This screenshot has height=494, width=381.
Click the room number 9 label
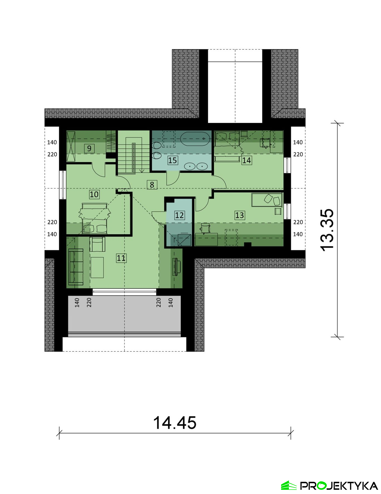coord(89,148)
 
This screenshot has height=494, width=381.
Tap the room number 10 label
coord(94,194)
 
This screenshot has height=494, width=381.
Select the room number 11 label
coord(121,258)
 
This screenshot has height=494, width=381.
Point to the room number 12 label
coord(179,215)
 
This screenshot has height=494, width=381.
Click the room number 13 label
coord(239,215)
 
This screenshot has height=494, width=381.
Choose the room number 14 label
coord(246,160)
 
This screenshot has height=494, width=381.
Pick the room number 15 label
coord(172,160)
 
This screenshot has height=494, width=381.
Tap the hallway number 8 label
coord(152,185)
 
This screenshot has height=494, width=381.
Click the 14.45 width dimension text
coord(175,423)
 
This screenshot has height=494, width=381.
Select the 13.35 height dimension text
coord(327,230)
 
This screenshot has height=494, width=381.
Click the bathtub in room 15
coord(195,138)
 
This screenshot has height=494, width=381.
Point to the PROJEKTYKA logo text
coord(339,486)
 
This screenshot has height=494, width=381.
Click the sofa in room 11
coord(76,267)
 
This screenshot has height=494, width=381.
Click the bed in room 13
coord(267,200)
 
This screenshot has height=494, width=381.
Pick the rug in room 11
coord(97,268)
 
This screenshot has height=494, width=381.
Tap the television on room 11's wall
coord(176,267)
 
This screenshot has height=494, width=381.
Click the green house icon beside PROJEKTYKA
coord(289,485)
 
